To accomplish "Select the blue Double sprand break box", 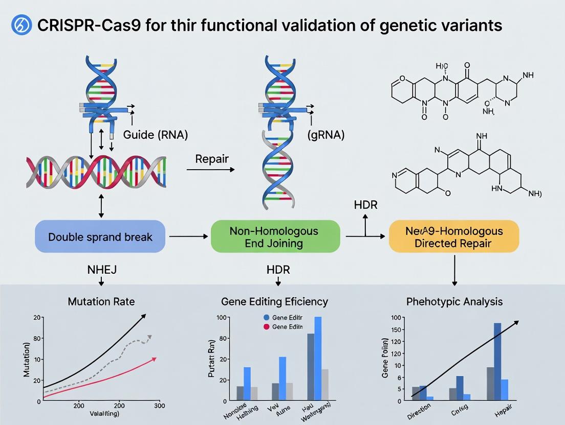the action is click(100, 237).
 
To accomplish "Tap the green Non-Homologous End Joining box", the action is click(275, 237).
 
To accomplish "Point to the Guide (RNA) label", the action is click(156, 135).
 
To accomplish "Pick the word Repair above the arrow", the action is click(211, 159).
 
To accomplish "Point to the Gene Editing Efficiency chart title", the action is click(274, 301).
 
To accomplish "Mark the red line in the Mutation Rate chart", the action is click(102, 379).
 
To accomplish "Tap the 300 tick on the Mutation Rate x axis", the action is click(159, 406).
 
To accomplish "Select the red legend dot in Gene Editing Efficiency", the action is click(266, 327).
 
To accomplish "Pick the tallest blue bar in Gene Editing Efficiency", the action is click(318, 358).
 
